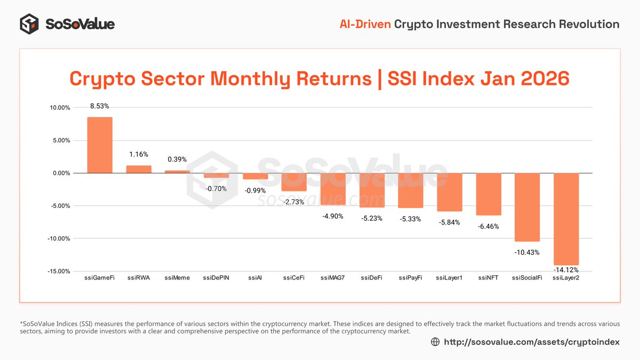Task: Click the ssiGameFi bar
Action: (100, 145)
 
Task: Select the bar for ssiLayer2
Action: (566, 219)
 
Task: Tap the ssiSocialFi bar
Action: (527, 207)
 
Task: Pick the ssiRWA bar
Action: (139, 169)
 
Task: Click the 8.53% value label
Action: (100, 107)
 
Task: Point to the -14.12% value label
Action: (566, 269)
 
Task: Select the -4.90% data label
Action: (333, 216)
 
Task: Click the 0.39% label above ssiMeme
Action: (178, 159)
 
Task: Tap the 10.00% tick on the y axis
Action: (59, 108)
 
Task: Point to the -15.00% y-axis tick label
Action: (58, 271)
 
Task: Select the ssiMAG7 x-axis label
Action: (333, 278)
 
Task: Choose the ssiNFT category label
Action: (489, 278)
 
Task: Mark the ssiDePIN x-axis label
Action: (216, 278)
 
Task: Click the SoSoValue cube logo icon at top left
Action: (29, 24)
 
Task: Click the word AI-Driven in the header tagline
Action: (365, 24)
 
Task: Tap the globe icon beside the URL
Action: (435, 342)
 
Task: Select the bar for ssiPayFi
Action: (411, 190)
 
